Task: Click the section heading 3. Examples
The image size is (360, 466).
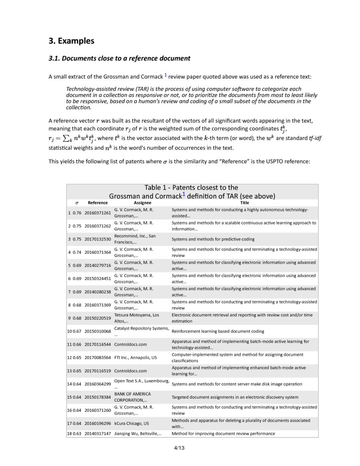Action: coord(71,41)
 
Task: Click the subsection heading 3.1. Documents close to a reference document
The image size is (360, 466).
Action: coord(119,58)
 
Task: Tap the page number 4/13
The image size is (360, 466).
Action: coord(180,448)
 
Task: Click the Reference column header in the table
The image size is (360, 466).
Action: coord(97,203)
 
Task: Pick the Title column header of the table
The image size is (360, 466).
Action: coord(244,203)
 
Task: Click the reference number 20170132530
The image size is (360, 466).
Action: coord(97,239)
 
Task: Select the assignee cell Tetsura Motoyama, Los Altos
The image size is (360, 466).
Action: coord(136,318)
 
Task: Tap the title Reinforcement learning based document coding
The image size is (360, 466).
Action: coord(218,331)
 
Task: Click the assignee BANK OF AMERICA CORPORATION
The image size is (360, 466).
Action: coord(132,397)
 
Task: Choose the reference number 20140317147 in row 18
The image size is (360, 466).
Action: coord(97,434)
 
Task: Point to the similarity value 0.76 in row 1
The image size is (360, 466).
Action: coord(77,213)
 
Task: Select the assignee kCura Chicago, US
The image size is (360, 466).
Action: coord(131,423)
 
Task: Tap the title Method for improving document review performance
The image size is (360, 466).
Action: coord(223,434)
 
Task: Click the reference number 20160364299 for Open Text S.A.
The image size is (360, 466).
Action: coord(97,384)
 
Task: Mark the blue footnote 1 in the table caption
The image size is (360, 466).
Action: coord(184,194)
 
